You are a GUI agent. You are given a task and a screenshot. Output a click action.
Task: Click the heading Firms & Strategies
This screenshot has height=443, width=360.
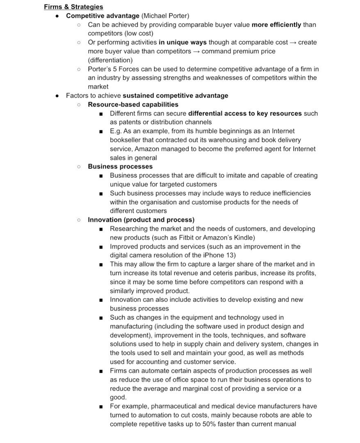pos(73,7)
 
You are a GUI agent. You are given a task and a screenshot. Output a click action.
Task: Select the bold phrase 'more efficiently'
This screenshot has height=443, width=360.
pos(276,25)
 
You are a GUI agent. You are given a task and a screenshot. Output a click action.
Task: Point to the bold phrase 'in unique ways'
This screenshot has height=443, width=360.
pos(182,42)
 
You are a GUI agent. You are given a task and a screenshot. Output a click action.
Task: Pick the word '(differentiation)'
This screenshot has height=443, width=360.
pos(110,60)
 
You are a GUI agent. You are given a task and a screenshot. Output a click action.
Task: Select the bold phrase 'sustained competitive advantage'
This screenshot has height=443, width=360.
pos(175,96)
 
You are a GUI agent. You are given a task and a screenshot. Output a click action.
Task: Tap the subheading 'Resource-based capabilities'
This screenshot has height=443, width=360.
pos(133,104)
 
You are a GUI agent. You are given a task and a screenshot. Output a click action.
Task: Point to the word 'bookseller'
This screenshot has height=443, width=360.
pos(126,140)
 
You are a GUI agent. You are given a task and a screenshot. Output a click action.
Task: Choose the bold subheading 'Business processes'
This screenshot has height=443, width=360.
pos(120,167)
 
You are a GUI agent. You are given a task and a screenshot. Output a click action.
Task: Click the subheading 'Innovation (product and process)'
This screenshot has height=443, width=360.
pos(141,220)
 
